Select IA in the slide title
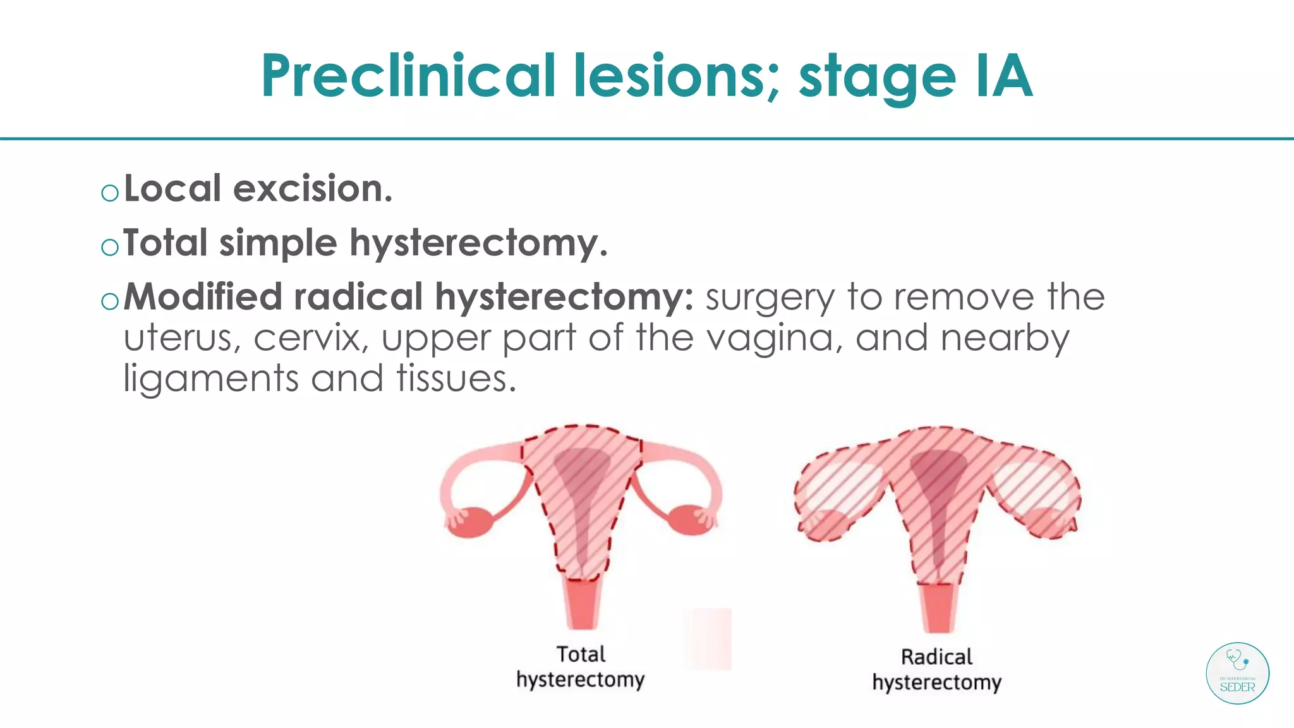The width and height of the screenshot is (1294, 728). point(1003,76)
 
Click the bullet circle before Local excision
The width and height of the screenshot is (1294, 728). point(110,192)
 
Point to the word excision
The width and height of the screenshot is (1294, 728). point(313,189)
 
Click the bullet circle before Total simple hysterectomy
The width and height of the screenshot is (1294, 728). point(110,246)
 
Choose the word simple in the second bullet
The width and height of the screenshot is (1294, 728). point(278,243)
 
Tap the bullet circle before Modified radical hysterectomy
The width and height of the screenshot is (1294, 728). point(110,301)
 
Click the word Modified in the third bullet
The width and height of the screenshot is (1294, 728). point(202,297)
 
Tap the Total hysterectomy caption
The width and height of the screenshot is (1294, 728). point(581,667)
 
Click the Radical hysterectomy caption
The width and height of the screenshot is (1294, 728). point(937,670)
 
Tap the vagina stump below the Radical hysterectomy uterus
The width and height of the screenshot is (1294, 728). point(938,607)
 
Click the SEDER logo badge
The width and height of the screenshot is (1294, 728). point(1237,673)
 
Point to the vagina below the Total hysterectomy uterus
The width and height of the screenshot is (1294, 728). point(582,604)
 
